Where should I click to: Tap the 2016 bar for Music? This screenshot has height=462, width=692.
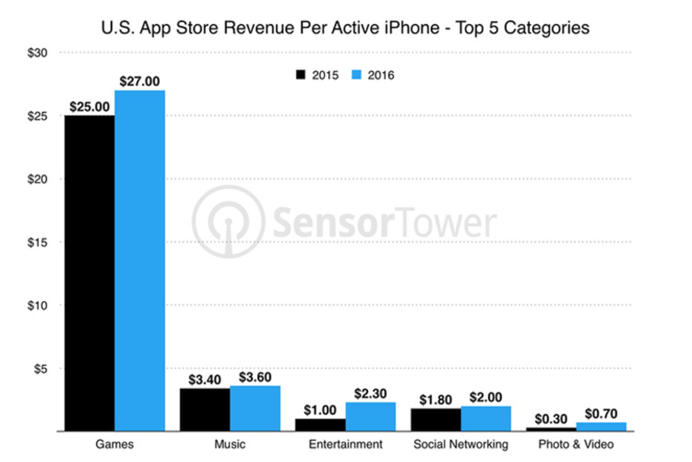[255, 408]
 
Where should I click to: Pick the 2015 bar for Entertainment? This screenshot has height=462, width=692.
[320, 425]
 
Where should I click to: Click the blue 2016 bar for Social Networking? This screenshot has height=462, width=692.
[486, 418]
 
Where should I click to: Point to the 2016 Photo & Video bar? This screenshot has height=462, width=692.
[601, 427]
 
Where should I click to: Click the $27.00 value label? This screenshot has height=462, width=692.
[139, 81]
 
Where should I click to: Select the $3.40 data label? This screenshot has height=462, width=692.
[204, 380]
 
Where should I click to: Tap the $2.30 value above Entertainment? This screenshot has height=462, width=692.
[370, 393]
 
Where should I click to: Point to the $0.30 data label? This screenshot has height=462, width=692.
[551, 419]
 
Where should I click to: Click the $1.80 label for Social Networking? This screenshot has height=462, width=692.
[435, 400]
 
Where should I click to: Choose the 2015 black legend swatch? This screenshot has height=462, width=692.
[301, 75]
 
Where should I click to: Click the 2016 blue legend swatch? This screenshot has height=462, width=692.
[356, 75]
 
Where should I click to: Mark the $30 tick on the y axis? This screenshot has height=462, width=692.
[37, 53]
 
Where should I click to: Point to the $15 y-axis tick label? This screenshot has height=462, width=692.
[37, 243]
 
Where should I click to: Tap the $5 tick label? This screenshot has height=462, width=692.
[40, 369]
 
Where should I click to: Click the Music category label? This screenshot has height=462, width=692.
[230, 444]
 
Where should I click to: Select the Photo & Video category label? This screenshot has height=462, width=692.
[576, 444]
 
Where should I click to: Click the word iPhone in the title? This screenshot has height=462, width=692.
[412, 28]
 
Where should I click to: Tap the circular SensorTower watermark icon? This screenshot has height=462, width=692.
[228, 222]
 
